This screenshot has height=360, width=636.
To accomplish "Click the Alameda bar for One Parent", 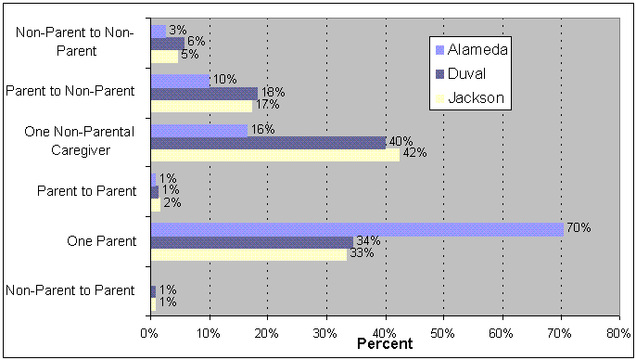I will pyautogui.click(x=357, y=229).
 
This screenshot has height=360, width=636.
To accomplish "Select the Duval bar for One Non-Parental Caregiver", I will pyautogui.click(x=268, y=142).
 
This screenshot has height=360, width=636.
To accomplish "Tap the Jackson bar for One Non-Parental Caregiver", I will pyautogui.click(x=274, y=154).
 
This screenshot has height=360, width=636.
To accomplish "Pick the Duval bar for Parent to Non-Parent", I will pyautogui.click(x=204, y=93).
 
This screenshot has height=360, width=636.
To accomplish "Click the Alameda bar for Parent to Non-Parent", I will pyautogui.click(x=180, y=81).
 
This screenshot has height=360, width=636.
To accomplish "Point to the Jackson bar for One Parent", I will pyautogui.click(x=248, y=253).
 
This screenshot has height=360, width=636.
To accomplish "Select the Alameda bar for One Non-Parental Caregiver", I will pyautogui.click(x=198, y=130).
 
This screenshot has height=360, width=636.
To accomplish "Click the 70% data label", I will pyautogui.click(x=579, y=228).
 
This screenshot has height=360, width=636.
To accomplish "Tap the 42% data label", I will pyautogui.click(x=413, y=154).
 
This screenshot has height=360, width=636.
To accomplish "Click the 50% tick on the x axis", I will pyautogui.click(x=443, y=331).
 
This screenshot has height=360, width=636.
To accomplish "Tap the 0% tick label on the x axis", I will pyautogui.click(x=150, y=331).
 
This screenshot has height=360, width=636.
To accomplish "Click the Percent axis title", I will pyautogui.click(x=385, y=344).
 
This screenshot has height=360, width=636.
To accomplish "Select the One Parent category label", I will pyautogui.click(x=102, y=241).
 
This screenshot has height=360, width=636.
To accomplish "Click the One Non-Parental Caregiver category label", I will pyautogui.click(x=82, y=142).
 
